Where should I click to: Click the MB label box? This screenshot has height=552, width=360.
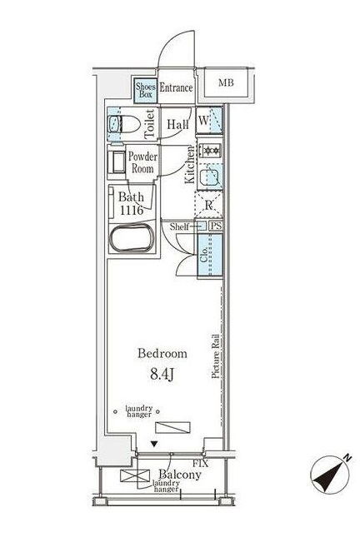pyautogui.click(x=227, y=83)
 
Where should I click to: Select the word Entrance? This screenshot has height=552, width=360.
pyautogui.click(x=176, y=87)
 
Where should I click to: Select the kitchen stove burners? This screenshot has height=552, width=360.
pyautogui.click(x=210, y=151)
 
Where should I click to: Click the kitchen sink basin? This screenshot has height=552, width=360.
pyautogui.click(x=210, y=175)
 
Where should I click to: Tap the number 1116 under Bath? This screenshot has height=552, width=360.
pyautogui.click(x=131, y=211)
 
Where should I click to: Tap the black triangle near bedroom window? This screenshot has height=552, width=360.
pyautogui.click(x=152, y=445)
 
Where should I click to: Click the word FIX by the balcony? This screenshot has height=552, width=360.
pyautogui.click(x=200, y=462)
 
